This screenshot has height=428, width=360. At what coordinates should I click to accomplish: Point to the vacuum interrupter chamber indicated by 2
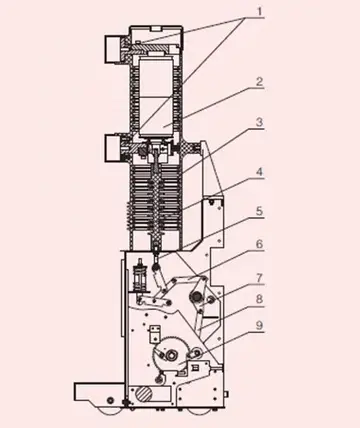point(155,95)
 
